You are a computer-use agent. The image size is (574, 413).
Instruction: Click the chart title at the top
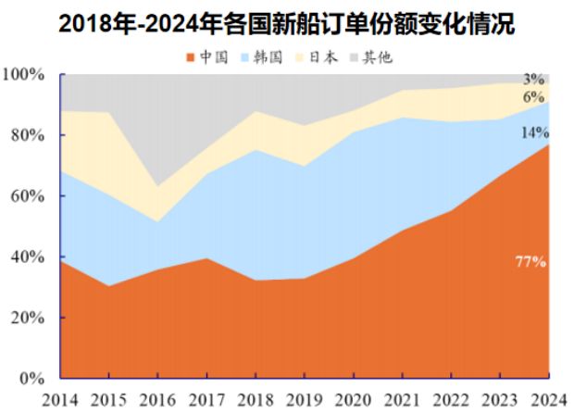[x=286, y=22]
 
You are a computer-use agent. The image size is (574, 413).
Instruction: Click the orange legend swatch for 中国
[x=192, y=57]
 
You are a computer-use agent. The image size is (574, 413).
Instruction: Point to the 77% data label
[x=530, y=262]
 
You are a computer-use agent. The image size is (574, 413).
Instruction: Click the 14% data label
[x=534, y=132]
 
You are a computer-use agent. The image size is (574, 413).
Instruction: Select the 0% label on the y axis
[x=31, y=379]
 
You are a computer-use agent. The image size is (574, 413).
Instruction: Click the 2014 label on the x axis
[x=60, y=398]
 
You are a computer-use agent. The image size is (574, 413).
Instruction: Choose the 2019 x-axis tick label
[x=304, y=398]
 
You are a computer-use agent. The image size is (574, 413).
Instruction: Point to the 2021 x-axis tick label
[x=400, y=398]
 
